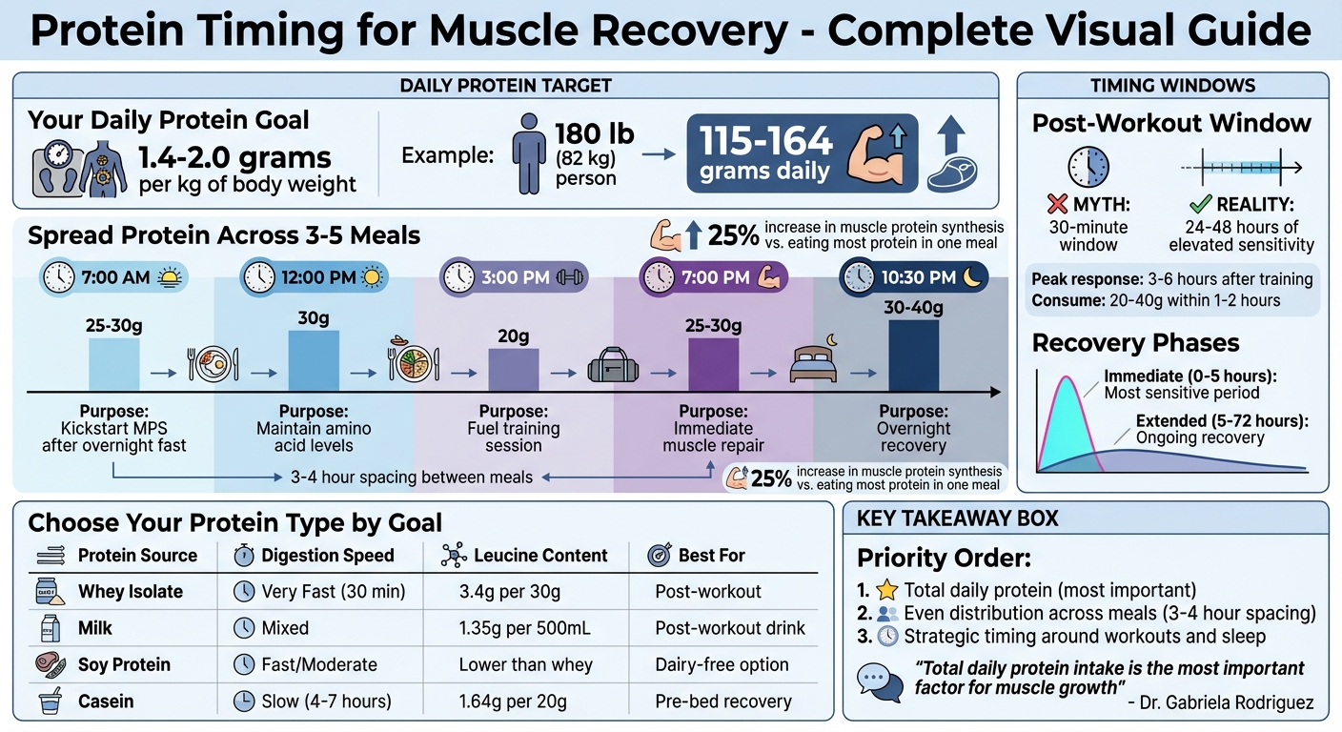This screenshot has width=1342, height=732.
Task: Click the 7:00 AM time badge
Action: [113, 277]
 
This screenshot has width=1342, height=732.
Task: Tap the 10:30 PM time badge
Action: [913, 277]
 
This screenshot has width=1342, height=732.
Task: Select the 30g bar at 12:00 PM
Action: [314, 361]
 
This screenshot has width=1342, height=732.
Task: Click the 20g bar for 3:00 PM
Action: [514, 371]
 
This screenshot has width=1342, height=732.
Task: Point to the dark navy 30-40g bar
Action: [913, 356]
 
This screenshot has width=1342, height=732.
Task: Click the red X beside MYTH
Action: [1055, 203]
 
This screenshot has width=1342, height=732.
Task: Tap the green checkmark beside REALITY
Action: [1201, 203]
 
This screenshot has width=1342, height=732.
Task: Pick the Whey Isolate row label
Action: [131, 592]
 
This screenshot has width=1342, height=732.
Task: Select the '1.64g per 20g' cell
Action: [513, 701]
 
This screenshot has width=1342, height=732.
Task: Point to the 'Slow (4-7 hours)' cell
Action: [326, 701]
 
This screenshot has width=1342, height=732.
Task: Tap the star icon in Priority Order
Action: [887, 591]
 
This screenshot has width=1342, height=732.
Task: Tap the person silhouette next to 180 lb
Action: [528, 152]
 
